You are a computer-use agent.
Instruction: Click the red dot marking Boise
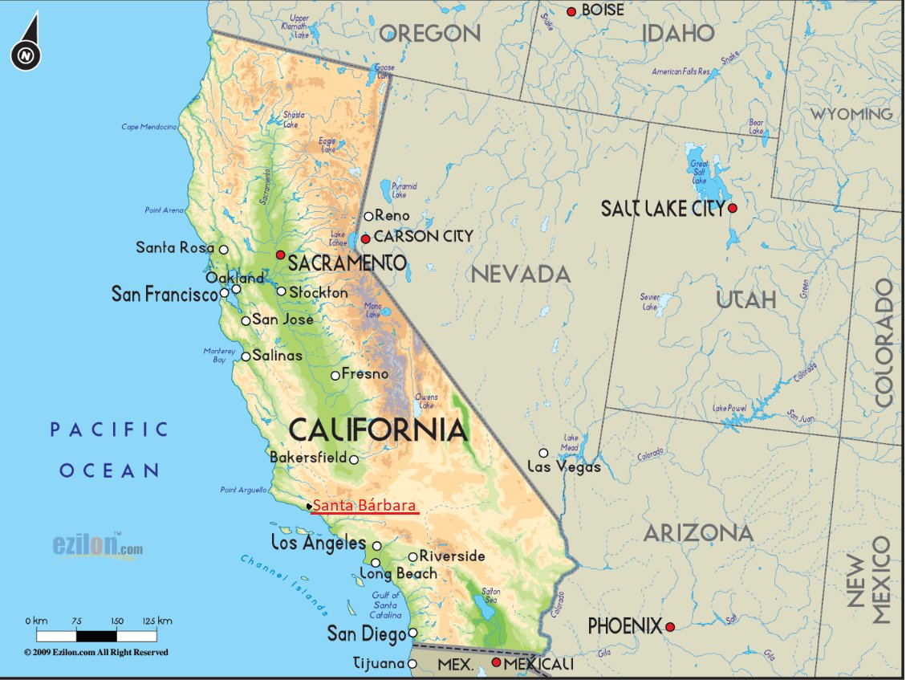(571, 11)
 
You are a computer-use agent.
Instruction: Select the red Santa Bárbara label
(365, 506)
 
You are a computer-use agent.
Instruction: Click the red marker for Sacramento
(280, 254)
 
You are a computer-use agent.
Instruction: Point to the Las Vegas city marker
(543, 453)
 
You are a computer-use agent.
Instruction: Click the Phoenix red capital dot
(670, 627)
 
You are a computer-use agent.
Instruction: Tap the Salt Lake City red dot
(732, 208)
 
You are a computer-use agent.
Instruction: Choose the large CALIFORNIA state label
(377, 430)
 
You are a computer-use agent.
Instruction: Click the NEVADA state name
(521, 275)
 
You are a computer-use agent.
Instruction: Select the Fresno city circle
(335, 375)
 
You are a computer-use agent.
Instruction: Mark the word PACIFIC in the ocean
(109, 430)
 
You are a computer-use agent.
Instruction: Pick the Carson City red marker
(365, 238)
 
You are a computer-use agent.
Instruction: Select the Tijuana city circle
(412, 664)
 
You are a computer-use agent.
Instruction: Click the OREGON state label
(429, 34)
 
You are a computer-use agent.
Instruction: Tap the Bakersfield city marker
(353, 459)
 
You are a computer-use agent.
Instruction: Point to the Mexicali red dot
(496, 662)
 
